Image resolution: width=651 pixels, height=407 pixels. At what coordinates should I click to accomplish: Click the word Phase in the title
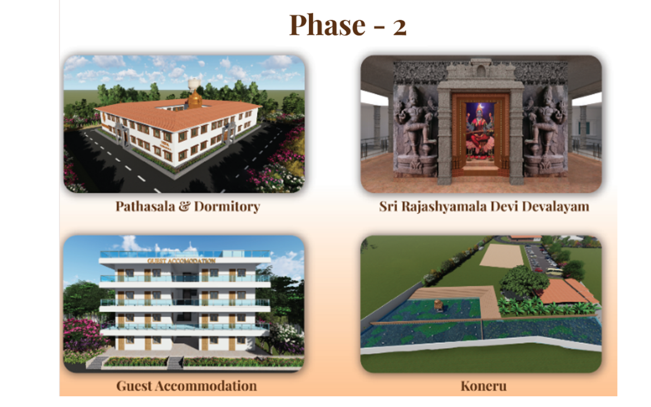tap(327, 25)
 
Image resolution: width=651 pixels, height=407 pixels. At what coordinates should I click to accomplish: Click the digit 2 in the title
tap(400, 28)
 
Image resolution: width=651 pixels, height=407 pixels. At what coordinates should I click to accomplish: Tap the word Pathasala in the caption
tap(145, 207)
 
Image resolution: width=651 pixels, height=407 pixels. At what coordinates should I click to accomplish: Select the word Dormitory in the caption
tap(227, 207)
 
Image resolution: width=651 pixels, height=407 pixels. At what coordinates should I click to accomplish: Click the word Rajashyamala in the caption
tap(445, 207)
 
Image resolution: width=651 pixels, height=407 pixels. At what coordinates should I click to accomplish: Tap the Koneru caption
tap(484, 386)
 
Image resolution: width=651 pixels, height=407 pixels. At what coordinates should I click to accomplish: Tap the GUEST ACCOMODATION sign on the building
tap(182, 261)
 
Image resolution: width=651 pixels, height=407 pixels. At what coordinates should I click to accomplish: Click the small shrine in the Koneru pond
tap(438, 306)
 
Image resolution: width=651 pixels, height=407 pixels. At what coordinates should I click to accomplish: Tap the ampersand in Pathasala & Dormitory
tap(185, 207)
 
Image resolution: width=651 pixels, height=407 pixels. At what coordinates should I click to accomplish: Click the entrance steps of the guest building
tap(175, 363)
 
